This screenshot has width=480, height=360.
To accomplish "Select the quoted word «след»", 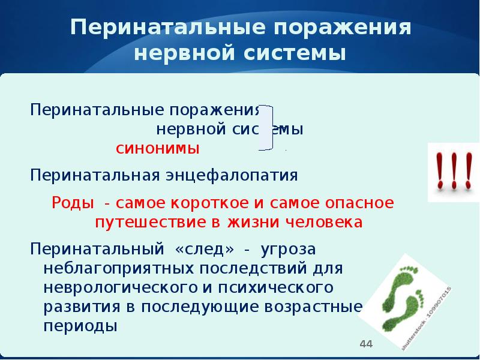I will pyautogui.click(x=204, y=248).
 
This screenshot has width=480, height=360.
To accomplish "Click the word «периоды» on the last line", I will pyautogui.click(x=79, y=326).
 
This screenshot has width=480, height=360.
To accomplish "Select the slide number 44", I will pyautogui.click(x=365, y=344).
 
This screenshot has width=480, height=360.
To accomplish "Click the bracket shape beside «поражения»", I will pyautogui.click(x=268, y=127).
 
